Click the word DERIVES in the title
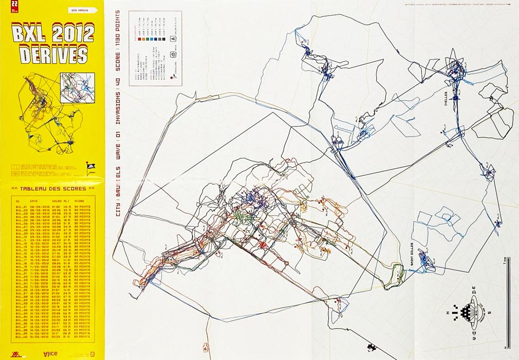(x=53, y=54)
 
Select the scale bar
(x=506, y=303)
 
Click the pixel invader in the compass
(x=479, y=312)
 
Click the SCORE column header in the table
(x=80, y=201)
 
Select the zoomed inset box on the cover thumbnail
(x=78, y=87)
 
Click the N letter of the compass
(x=462, y=312)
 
